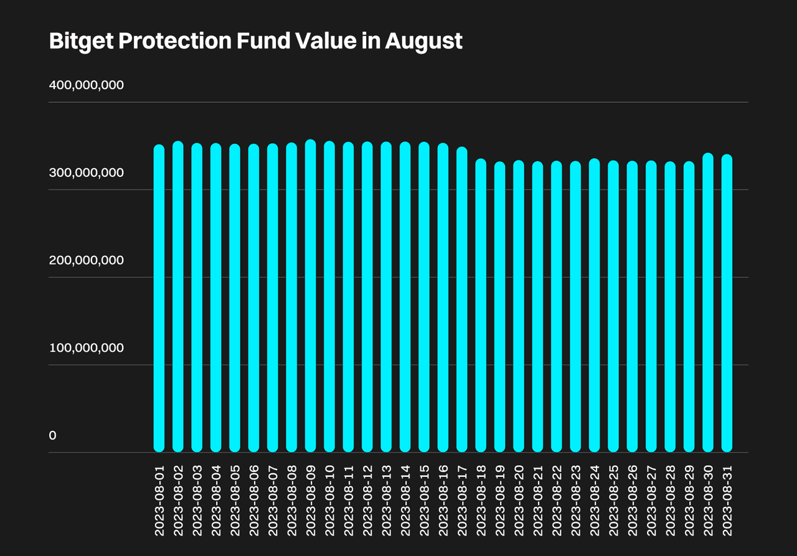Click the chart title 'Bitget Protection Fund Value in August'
(255, 41)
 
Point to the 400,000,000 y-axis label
(87, 85)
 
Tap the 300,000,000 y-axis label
(87, 172)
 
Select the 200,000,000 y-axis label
(87, 260)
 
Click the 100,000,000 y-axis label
(87, 347)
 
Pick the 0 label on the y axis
(53, 435)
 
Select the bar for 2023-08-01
(159, 299)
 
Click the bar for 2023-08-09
(311, 296)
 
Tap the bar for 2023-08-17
(462, 299)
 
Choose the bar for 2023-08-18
(481, 306)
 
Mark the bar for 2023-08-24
(595, 306)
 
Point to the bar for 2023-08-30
(708, 303)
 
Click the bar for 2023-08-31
(727, 303)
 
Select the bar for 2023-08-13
(386, 297)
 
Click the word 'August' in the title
(423, 41)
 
